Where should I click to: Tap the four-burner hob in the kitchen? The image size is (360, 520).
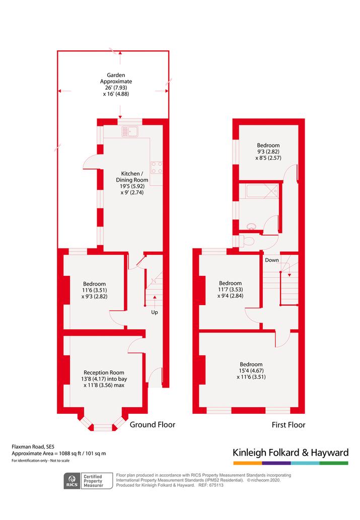pos(157,168)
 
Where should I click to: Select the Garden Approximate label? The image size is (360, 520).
pos(116,85)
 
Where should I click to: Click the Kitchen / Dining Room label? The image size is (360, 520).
pos(132,183)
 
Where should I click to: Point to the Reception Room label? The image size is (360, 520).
pos(104,379)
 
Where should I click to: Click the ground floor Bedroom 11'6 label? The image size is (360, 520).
pos(95,290)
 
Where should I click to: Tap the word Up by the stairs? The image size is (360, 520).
pos(155,313)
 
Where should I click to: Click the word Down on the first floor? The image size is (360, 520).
pos(272,260)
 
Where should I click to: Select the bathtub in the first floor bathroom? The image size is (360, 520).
pos(262,192)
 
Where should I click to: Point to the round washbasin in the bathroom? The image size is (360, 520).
pos(252,226)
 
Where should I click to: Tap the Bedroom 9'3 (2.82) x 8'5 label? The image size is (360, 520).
pos(268,152)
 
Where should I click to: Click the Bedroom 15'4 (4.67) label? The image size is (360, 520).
pos(251,370)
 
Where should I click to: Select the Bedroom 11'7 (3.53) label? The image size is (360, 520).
pos(230,289)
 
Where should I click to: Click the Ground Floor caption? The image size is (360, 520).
pos(152,424)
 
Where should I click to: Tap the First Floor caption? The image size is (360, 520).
pos(289,425)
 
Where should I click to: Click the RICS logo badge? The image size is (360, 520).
pos(72,481)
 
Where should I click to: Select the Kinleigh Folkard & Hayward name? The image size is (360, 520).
pos(291,453)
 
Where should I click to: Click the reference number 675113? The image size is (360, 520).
pos(215,485)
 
